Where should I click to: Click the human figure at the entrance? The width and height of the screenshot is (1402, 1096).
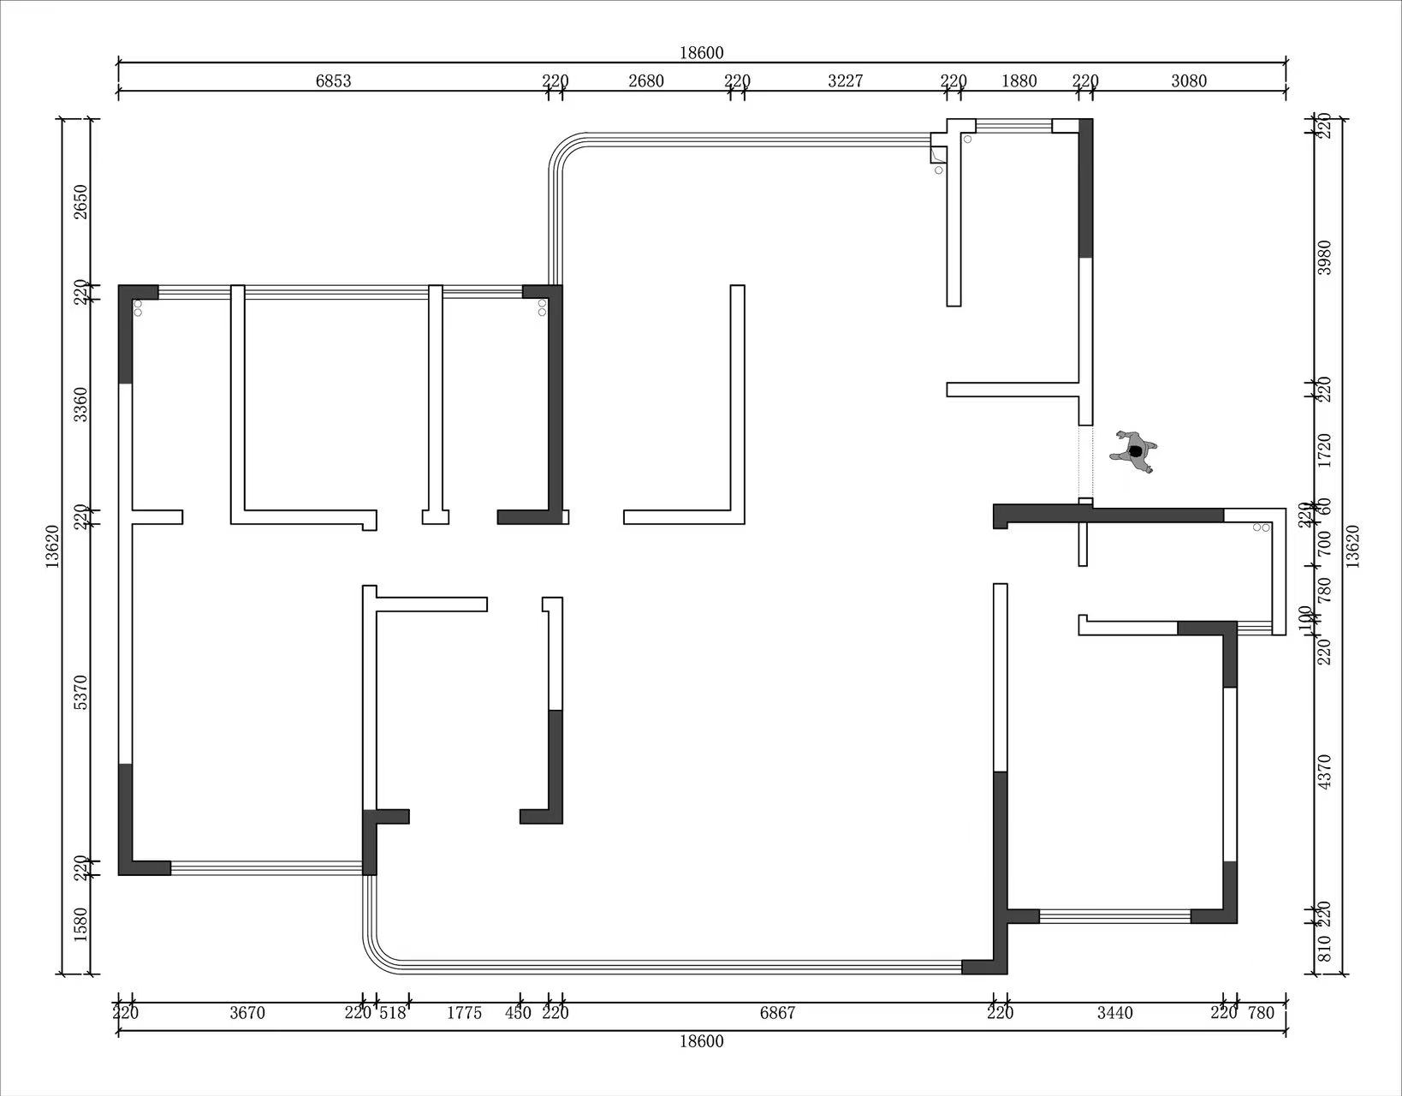[x=1133, y=451]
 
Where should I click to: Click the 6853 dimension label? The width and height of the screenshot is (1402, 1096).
[x=333, y=80]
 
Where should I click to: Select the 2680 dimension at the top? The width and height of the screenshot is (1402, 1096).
[x=646, y=80]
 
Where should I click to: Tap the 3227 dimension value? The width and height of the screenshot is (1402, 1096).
[x=845, y=80]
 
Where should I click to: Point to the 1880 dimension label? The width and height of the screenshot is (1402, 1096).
[x=1019, y=80]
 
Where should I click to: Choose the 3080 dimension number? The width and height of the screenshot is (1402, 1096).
[x=1188, y=80]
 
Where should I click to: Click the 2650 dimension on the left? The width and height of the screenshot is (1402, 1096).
[x=80, y=202]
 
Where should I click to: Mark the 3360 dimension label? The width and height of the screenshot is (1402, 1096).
[x=80, y=405]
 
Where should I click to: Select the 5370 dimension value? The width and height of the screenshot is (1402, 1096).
[x=80, y=693]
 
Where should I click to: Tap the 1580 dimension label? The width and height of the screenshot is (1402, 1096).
[x=80, y=924]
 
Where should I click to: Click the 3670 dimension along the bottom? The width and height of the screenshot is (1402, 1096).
[x=247, y=1013]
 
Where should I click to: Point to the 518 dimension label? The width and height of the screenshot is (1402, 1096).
[x=392, y=1013]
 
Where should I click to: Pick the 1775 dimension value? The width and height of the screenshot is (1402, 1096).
[x=464, y=1013]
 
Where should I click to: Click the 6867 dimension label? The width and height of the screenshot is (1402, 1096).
[x=777, y=1013]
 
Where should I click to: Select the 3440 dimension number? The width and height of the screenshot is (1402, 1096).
[x=1115, y=1013]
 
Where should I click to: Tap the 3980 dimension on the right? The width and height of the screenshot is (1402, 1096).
[x=1324, y=258]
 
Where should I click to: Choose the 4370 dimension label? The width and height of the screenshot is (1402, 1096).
[x=1324, y=771]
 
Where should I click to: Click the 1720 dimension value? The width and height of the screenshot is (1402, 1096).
[x=1324, y=450]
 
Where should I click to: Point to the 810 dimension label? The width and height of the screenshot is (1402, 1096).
[x=1324, y=948]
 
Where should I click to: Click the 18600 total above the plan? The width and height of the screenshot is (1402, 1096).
[x=701, y=53]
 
